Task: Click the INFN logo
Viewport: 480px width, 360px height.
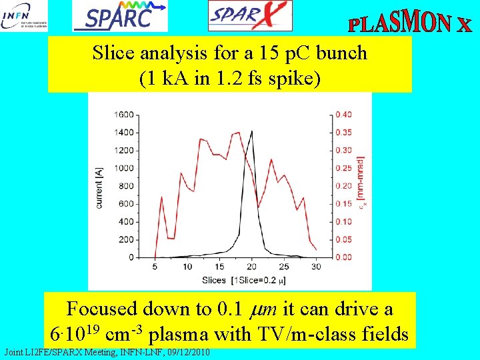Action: [x=25, y=16]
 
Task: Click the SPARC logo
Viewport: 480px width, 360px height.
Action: [x=120, y=16]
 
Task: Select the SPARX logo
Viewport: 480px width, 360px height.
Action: [x=250, y=16]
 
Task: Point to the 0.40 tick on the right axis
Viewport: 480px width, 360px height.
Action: [x=344, y=115]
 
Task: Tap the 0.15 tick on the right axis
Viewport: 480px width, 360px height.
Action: [x=344, y=204]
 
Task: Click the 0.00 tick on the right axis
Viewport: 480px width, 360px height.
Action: [x=344, y=257]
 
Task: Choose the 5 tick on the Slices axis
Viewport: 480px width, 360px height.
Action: [x=155, y=267]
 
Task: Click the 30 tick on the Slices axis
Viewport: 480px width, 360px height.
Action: [x=316, y=267]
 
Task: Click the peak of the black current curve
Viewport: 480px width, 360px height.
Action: [x=251, y=131]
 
